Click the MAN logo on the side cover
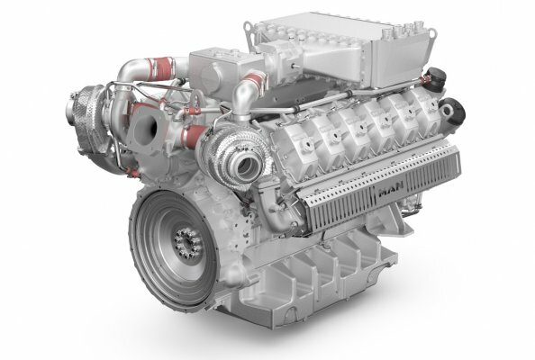click(x=392, y=192)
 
